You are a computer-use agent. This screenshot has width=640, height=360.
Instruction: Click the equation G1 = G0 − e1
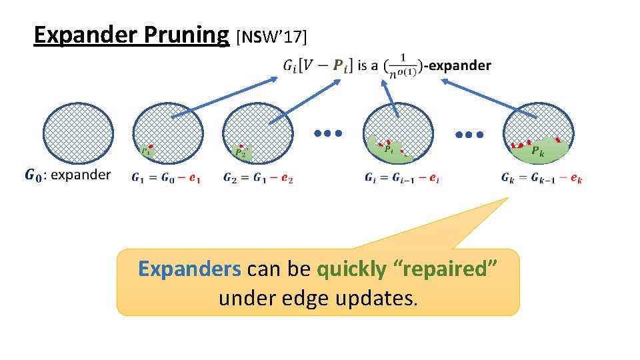click(x=166, y=178)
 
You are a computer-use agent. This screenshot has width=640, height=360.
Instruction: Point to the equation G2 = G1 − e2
click(x=259, y=178)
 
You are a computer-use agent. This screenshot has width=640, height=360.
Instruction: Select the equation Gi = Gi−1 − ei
click(x=402, y=178)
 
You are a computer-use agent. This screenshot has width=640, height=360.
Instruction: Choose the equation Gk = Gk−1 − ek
click(x=541, y=178)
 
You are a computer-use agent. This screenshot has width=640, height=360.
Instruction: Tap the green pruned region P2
click(x=241, y=153)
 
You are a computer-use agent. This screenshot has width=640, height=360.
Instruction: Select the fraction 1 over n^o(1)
click(x=402, y=65)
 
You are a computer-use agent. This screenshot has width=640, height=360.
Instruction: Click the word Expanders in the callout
click(x=189, y=269)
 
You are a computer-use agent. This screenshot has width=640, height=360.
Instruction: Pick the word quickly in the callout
click(x=351, y=269)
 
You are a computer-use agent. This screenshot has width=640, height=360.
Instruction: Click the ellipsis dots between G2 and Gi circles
click(x=328, y=133)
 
